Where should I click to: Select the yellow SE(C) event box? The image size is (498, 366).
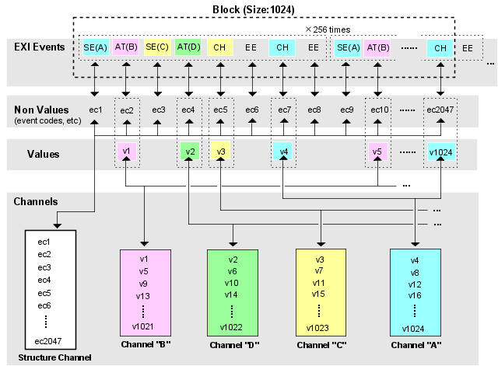point(157,47)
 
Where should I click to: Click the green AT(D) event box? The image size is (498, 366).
point(188,47)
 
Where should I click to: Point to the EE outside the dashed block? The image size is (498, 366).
point(468,47)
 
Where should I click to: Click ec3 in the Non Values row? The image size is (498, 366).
point(158,110)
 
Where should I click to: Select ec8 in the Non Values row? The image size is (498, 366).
point(314,110)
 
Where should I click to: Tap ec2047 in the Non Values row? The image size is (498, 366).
point(440,110)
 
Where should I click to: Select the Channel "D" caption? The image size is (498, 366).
point(232,344)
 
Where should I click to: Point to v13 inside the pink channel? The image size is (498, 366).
point(143,295)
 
